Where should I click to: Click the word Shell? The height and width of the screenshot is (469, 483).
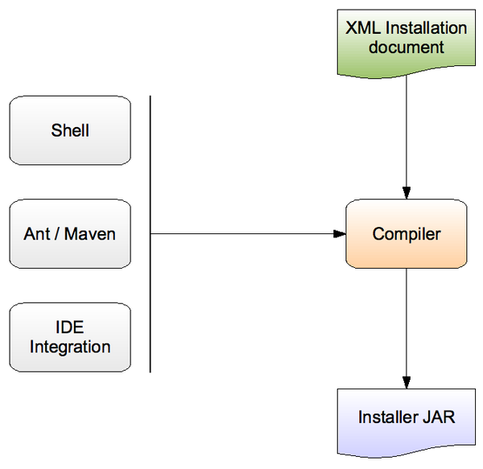pyautogui.click(x=70, y=131)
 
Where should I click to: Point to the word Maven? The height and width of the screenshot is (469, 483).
pyautogui.click(x=90, y=235)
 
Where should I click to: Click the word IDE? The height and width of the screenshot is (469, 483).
pyautogui.click(x=70, y=327)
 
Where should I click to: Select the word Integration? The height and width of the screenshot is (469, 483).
pyautogui.click(x=70, y=348)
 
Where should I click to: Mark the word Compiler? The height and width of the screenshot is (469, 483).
pyautogui.click(x=407, y=235)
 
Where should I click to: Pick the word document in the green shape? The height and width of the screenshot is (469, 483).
pyautogui.click(x=407, y=47)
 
